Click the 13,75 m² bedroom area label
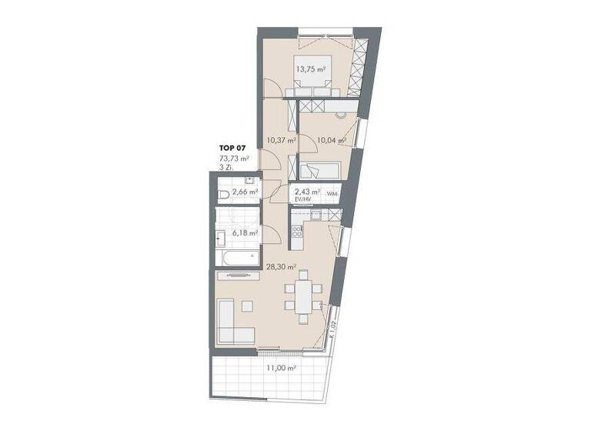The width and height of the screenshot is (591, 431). (309, 68)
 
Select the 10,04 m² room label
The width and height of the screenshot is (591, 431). (331, 140)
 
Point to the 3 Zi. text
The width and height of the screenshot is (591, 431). (225, 168)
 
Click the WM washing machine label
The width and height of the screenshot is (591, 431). (332, 193)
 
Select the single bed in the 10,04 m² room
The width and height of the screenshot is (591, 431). (322, 170)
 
